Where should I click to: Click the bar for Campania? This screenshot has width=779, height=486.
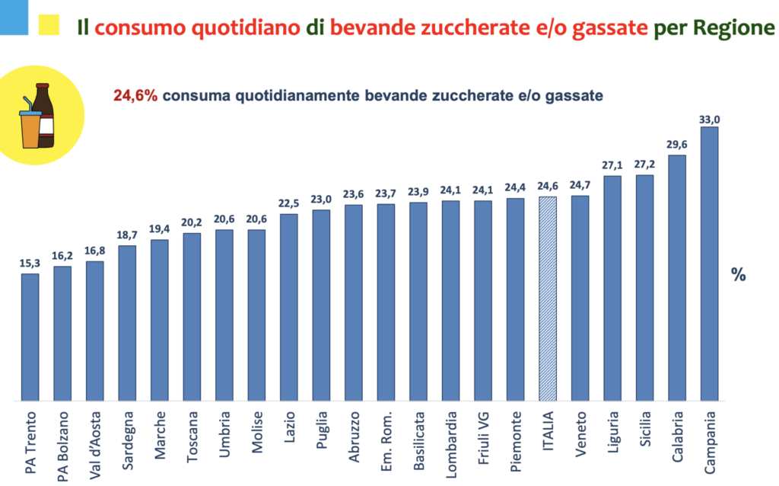[x=709, y=264]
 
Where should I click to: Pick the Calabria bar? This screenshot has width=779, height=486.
[x=676, y=278]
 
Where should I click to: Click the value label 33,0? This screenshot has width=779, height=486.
[x=709, y=119]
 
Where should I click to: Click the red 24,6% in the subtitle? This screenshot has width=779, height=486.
[x=135, y=96]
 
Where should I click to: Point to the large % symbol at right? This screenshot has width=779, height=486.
[x=738, y=275]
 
